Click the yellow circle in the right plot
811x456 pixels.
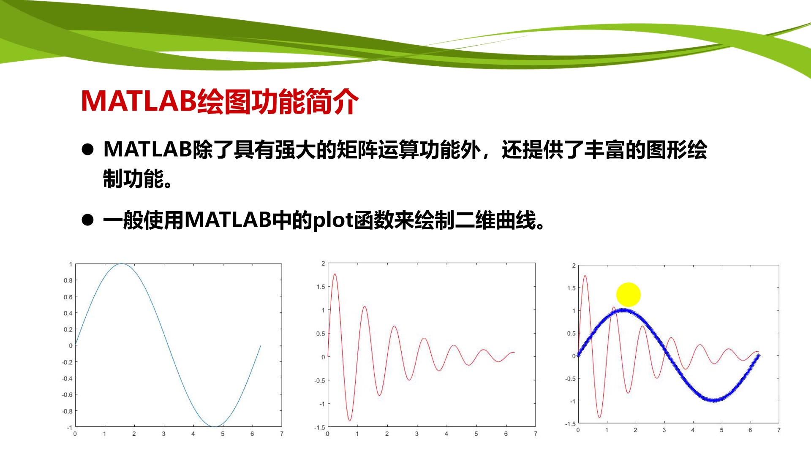click(629, 295)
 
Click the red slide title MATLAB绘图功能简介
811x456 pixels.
click(220, 101)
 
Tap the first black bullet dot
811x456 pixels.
click(88, 149)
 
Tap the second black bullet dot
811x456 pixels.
click(88, 220)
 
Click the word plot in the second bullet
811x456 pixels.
click(333, 220)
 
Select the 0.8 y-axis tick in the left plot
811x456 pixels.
click(68, 280)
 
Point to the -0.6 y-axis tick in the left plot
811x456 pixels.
click(67, 395)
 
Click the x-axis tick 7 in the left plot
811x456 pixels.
click(282, 434)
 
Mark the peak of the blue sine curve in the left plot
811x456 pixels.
click(122, 264)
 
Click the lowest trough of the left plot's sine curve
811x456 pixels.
click(214, 426)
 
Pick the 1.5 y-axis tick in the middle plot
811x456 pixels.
click(321, 287)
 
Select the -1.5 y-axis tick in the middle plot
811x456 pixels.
click(320, 427)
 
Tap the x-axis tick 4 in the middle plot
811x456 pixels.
click(446, 434)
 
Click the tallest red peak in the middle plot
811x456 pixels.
click(335, 274)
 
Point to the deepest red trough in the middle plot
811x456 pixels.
click(350, 421)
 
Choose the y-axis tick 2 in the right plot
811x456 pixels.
click(574, 266)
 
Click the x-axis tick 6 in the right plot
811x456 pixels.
click(750, 430)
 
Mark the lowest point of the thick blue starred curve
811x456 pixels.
click(714, 400)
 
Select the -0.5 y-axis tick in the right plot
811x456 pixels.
click(570, 378)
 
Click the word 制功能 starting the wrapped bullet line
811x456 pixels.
click(133, 179)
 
